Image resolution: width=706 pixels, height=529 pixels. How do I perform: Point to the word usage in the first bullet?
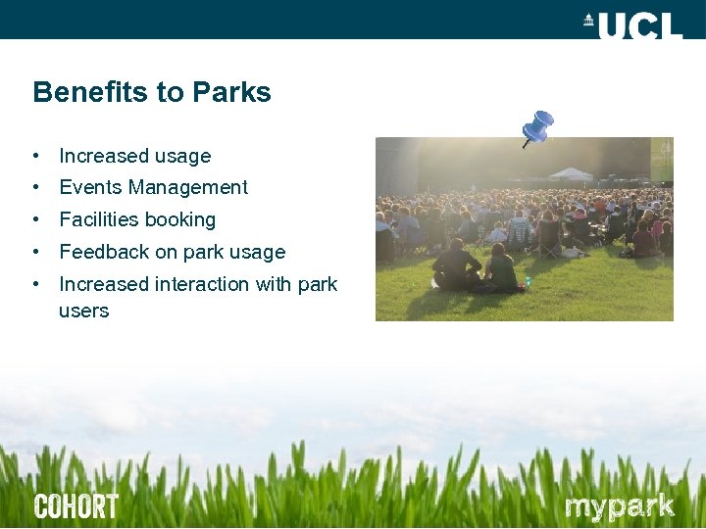(x=183, y=157)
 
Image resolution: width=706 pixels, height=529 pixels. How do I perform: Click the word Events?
(x=89, y=187)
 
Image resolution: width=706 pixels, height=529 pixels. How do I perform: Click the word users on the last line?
(x=83, y=312)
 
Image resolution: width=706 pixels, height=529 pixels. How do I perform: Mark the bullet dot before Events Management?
(x=35, y=187)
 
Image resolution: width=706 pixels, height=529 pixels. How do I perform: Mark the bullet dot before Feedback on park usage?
(x=35, y=252)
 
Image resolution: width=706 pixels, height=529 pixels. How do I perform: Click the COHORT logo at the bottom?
(x=76, y=506)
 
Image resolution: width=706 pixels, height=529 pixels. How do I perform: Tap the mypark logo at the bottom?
(x=620, y=506)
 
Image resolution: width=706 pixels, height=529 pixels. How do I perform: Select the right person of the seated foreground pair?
(x=500, y=268)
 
